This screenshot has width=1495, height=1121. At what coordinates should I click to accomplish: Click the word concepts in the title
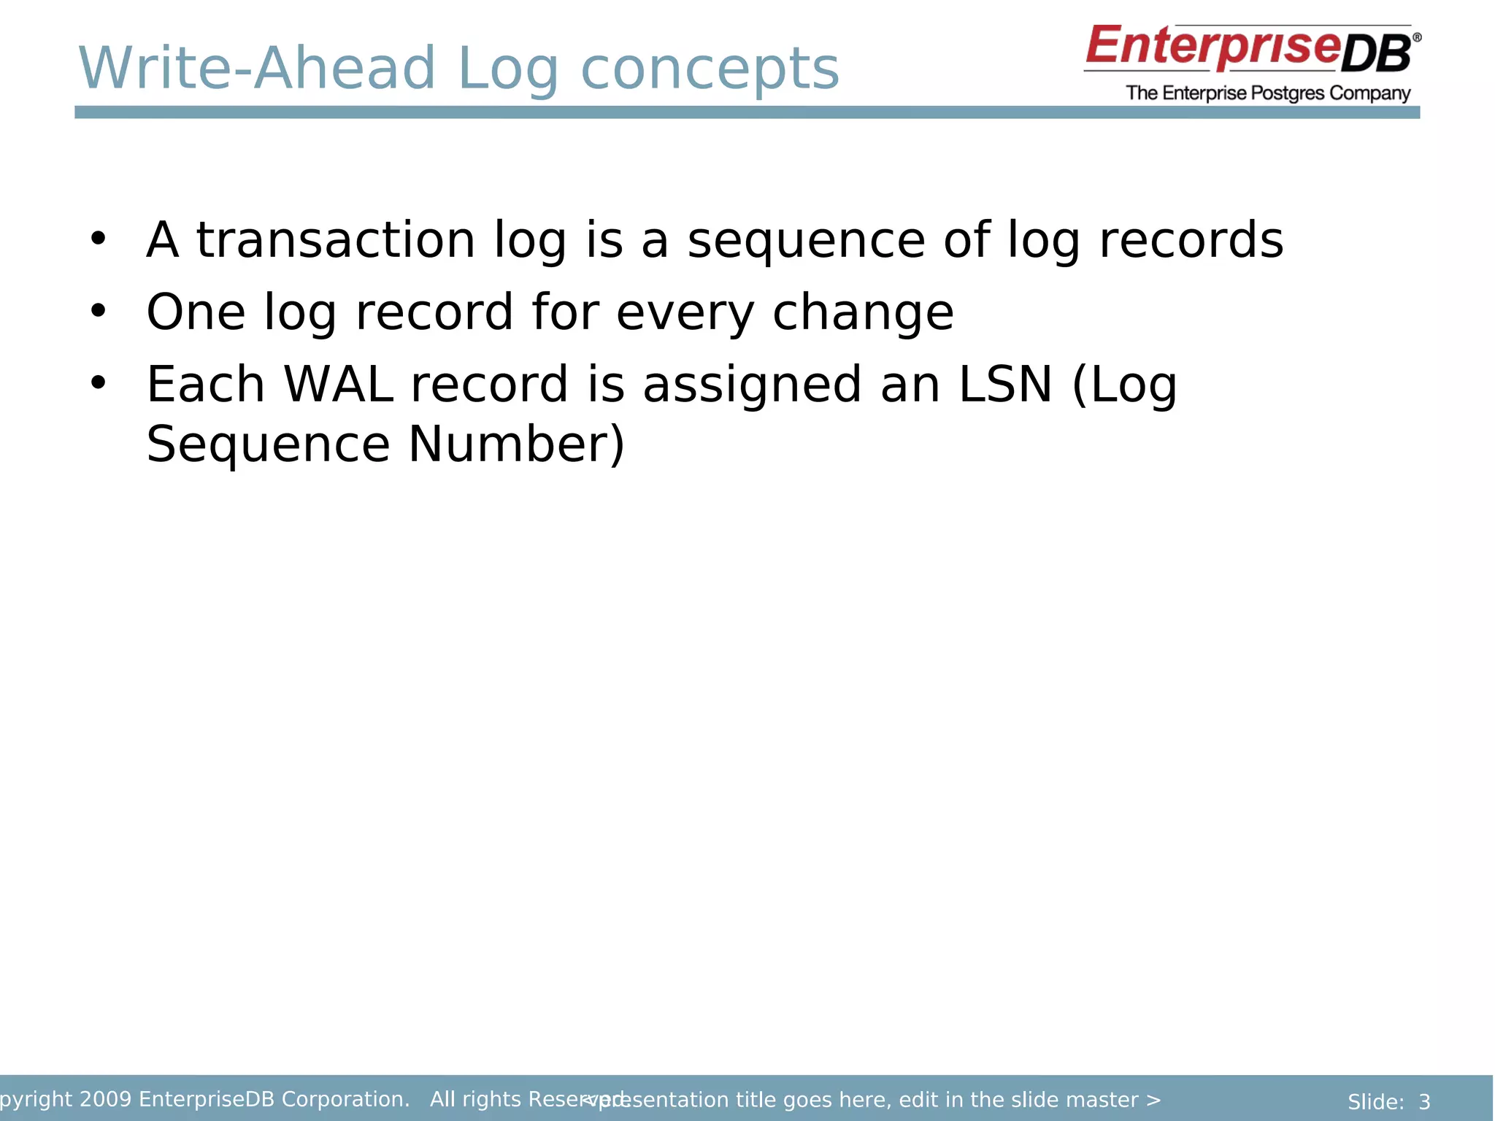pos(710,69)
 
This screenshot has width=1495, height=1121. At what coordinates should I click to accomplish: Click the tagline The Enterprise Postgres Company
pos(1268,93)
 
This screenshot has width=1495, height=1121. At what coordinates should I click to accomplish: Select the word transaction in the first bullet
pos(336,240)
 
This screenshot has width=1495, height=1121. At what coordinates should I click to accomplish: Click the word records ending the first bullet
pos(1191,240)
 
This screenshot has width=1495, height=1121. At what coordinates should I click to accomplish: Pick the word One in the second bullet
pos(196,312)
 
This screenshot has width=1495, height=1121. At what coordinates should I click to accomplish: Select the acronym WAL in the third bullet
pos(338,385)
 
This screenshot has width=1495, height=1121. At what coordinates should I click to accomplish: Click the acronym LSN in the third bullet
pos(1004,385)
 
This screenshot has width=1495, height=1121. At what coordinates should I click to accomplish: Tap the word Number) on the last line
pos(516,444)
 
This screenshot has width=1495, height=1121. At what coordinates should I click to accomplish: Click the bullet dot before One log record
pos(98,311)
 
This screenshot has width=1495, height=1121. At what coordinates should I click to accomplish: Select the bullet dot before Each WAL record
pos(98,382)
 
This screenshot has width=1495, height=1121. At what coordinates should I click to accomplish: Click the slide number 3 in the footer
pos(1424,1102)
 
